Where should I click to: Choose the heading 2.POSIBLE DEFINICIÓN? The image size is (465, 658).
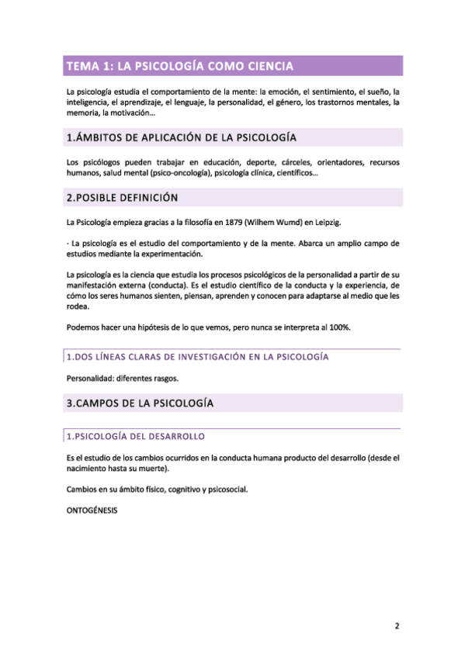pos(121,198)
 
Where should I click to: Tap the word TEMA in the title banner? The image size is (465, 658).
pos(83,66)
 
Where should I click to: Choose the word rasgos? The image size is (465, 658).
pos(164,379)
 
